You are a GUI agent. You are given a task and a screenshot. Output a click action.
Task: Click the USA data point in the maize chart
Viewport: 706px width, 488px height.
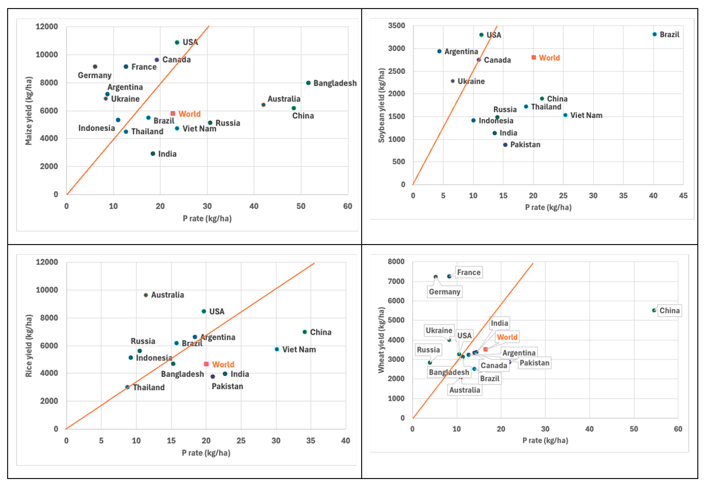pyautogui.click(x=177, y=42)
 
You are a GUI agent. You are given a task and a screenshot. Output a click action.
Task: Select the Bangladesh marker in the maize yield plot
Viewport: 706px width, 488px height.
pyautogui.click(x=308, y=83)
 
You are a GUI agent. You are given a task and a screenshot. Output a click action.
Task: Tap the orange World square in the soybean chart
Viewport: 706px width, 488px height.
pyautogui.click(x=534, y=58)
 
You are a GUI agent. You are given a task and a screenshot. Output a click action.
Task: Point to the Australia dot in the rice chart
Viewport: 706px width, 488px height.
pyautogui.click(x=146, y=295)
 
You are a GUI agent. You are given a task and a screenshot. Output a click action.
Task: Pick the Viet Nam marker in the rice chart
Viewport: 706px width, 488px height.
pyautogui.click(x=277, y=349)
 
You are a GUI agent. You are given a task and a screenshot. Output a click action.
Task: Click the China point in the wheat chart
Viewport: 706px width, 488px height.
pyautogui.click(x=654, y=310)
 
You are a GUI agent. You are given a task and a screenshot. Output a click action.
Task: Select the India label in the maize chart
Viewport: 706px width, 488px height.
pyautogui.click(x=167, y=154)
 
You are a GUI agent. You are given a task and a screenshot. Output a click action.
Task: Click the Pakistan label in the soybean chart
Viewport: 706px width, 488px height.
pyautogui.click(x=525, y=145)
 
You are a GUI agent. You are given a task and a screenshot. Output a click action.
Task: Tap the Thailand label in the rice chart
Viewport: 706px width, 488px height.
pyautogui.click(x=149, y=387)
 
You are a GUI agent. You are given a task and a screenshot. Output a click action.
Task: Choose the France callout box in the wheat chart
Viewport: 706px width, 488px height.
pyautogui.click(x=468, y=272)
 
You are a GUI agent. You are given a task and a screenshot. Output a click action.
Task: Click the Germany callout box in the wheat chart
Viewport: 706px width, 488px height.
pyautogui.click(x=444, y=292)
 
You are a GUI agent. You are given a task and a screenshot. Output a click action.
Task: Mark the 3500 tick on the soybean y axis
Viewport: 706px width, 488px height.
pyautogui.click(x=397, y=26)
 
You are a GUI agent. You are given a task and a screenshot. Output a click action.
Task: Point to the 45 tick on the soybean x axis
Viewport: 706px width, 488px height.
pyautogui.click(x=683, y=196)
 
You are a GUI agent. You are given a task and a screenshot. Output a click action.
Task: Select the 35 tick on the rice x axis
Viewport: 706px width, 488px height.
pyautogui.click(x=311, y=441)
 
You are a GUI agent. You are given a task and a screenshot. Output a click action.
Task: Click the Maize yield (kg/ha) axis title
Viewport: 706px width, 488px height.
pyautogui.click(x=28, y=111)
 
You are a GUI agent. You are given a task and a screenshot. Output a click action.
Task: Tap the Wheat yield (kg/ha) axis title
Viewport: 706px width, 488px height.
pyautogui.click(x=381, y=340)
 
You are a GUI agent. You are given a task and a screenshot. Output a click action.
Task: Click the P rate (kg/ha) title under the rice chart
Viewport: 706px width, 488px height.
pyautogui.click(x=206, y=453)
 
